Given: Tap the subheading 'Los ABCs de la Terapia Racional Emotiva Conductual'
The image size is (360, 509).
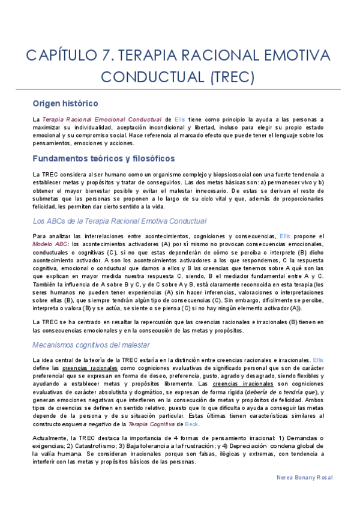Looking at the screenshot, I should coord(119,221).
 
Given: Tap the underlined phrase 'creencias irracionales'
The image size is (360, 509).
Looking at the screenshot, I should coord(235,384).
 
